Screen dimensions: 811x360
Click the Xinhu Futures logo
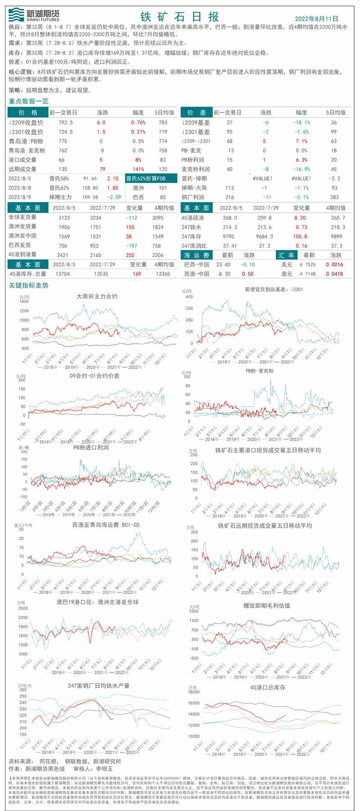[x=34, y=15]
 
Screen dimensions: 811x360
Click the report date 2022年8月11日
[x=316, y=18]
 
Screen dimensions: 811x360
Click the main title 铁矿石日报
[x=180, y=17]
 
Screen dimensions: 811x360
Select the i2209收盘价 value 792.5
[x=66, y=122]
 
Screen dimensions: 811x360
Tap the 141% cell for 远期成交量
[x=138, y=169]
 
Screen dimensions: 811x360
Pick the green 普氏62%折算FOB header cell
[x=146, y=179]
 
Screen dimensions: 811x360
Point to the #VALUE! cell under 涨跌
[x=263, y=179]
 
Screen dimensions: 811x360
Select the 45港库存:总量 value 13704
[x=63, y=274]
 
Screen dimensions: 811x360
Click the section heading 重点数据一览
[x=28, y=101]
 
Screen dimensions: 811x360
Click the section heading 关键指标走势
[x=28, y=285]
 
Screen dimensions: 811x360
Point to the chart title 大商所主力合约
[x=97, y=297]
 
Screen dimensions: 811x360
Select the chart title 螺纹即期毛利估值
[x=267, y=606]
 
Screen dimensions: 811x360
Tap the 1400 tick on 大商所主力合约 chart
[x=24, y=302]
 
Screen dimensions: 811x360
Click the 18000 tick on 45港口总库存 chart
[x=193, y=692]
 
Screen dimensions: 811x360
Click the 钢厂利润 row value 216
[x=229, y=197]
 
